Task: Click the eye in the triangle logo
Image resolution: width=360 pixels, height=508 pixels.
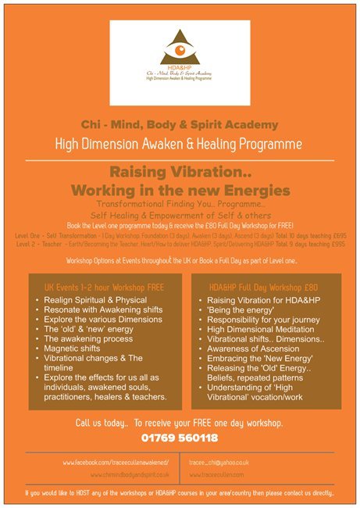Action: [x=180, y=55]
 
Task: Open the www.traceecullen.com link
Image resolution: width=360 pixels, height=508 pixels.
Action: [x=223, y=474]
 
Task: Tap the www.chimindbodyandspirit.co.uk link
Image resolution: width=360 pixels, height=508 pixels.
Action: [x=130, y=474]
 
